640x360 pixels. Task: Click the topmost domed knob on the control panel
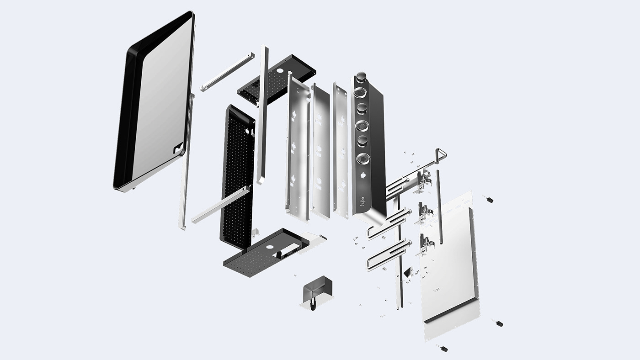(x=362, y=76)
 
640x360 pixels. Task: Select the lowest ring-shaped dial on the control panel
(x=363, y=159)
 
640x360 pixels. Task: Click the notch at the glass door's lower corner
(x=176, y=149)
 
